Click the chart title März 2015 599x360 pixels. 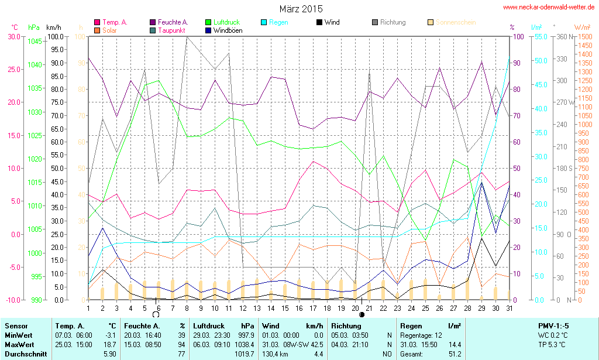coord(301,9)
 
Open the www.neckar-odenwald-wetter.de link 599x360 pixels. coord(549,7)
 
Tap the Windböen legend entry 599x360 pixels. coord(225,30)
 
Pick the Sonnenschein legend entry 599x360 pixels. coord(455,22)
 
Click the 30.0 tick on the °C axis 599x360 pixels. coord(13,36)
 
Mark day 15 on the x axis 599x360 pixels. coord(285,308)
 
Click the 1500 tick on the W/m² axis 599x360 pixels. coord(584,36)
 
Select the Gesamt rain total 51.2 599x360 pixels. coord(454,354)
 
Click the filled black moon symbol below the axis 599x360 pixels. coord(362,314)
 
